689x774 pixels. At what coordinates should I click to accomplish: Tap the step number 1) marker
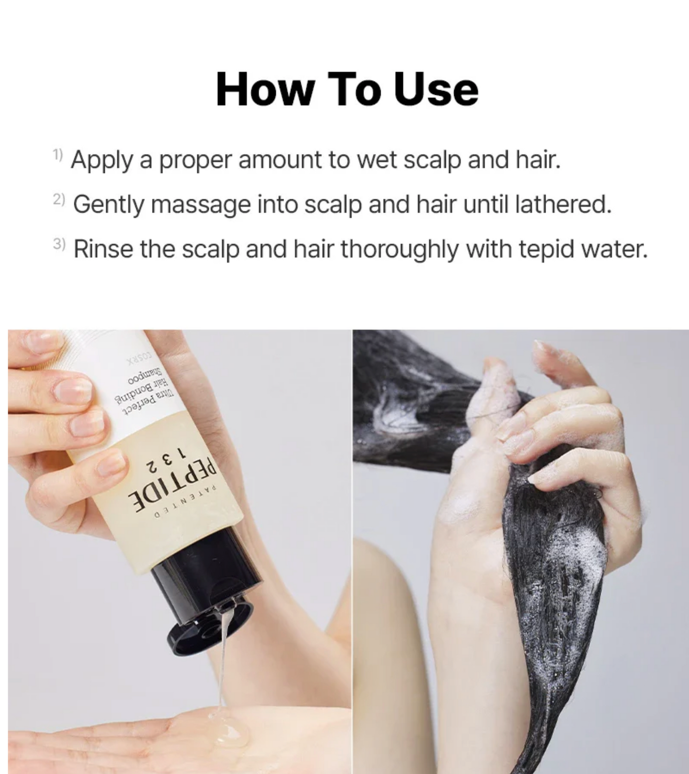(x=58, y=155)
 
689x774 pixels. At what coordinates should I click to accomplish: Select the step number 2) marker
(x=59, y=199)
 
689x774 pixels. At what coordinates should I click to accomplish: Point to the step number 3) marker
(x=59, y=244)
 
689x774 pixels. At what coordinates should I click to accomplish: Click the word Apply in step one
(x=102, y=160)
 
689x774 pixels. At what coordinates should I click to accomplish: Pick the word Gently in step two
(x=108, y=205)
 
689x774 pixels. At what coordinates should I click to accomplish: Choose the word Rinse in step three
(x=103, y=249)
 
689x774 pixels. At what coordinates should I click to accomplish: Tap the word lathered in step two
(x=563, y=204)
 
